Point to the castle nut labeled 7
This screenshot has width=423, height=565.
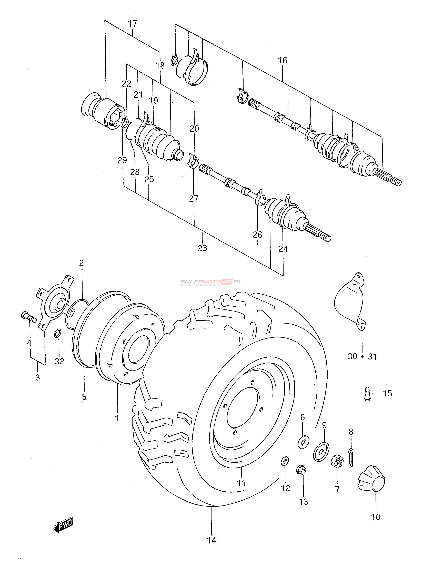click(337, 461)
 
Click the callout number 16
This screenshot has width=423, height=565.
click(283, 61)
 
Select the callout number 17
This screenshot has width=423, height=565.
click(133, 24)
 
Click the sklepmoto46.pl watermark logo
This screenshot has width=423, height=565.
click(211, 282)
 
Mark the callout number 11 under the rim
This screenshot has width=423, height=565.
click(241, 483)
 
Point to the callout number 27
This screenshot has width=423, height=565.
click(194, 198)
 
